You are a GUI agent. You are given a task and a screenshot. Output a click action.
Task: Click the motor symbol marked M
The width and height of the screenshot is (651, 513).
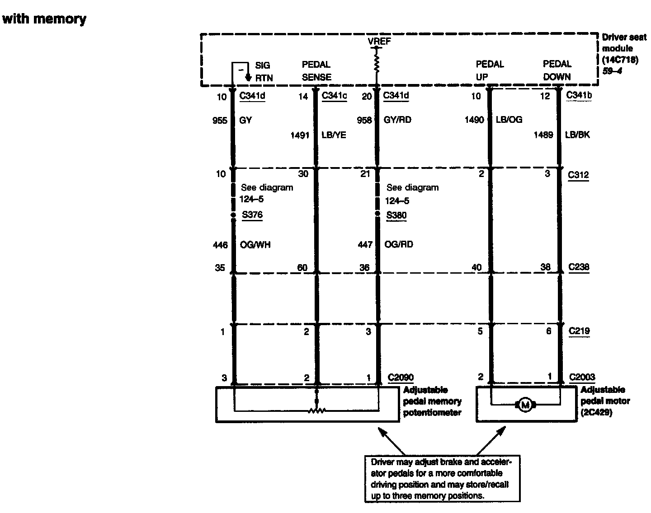click(x=525, y=405)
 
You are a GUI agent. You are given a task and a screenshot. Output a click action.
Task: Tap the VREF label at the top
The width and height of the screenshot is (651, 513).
click(x=379, y=42)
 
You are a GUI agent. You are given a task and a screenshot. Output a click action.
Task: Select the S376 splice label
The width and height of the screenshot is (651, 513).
click(x=252, y=215)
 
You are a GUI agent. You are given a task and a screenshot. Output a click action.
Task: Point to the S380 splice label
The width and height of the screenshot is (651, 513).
click(x=396, y=215)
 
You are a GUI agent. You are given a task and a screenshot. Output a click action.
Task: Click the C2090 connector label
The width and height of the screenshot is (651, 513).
click(x=401, y=378)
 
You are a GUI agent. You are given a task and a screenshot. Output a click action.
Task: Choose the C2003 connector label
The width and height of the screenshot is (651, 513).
click(x=582, y=377)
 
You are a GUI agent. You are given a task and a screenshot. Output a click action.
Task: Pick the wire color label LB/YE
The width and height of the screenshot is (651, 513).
click(x=334, y=135)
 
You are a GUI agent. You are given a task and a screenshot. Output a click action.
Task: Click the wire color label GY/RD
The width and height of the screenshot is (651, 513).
click(x=397, y=120)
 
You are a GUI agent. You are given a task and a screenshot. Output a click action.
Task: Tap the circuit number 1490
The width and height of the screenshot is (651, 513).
click(x=474, y=120)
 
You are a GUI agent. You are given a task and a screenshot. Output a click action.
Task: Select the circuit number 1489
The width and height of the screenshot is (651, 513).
click(x=543, y=135)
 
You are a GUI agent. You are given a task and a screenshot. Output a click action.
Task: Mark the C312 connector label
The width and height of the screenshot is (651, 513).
click(x=579, y=175)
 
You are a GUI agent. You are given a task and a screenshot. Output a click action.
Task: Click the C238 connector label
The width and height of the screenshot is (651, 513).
click(x=579, y=267)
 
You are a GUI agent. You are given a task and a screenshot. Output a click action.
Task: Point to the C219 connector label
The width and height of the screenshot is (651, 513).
click(x=579, y=331)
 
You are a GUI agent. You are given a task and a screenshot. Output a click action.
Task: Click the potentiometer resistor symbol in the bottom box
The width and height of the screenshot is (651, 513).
click(x=316, y=410)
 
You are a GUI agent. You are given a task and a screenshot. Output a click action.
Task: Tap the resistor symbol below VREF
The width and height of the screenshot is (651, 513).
click(x=376, y=63)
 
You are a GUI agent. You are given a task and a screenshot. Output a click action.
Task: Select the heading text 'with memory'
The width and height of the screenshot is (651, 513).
click(x=44, y=19)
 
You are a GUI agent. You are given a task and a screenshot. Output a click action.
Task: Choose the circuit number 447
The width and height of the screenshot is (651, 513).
click(x=365, y=244)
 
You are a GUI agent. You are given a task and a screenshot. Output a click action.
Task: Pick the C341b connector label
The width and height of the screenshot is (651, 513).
click(x=579, y=95)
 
